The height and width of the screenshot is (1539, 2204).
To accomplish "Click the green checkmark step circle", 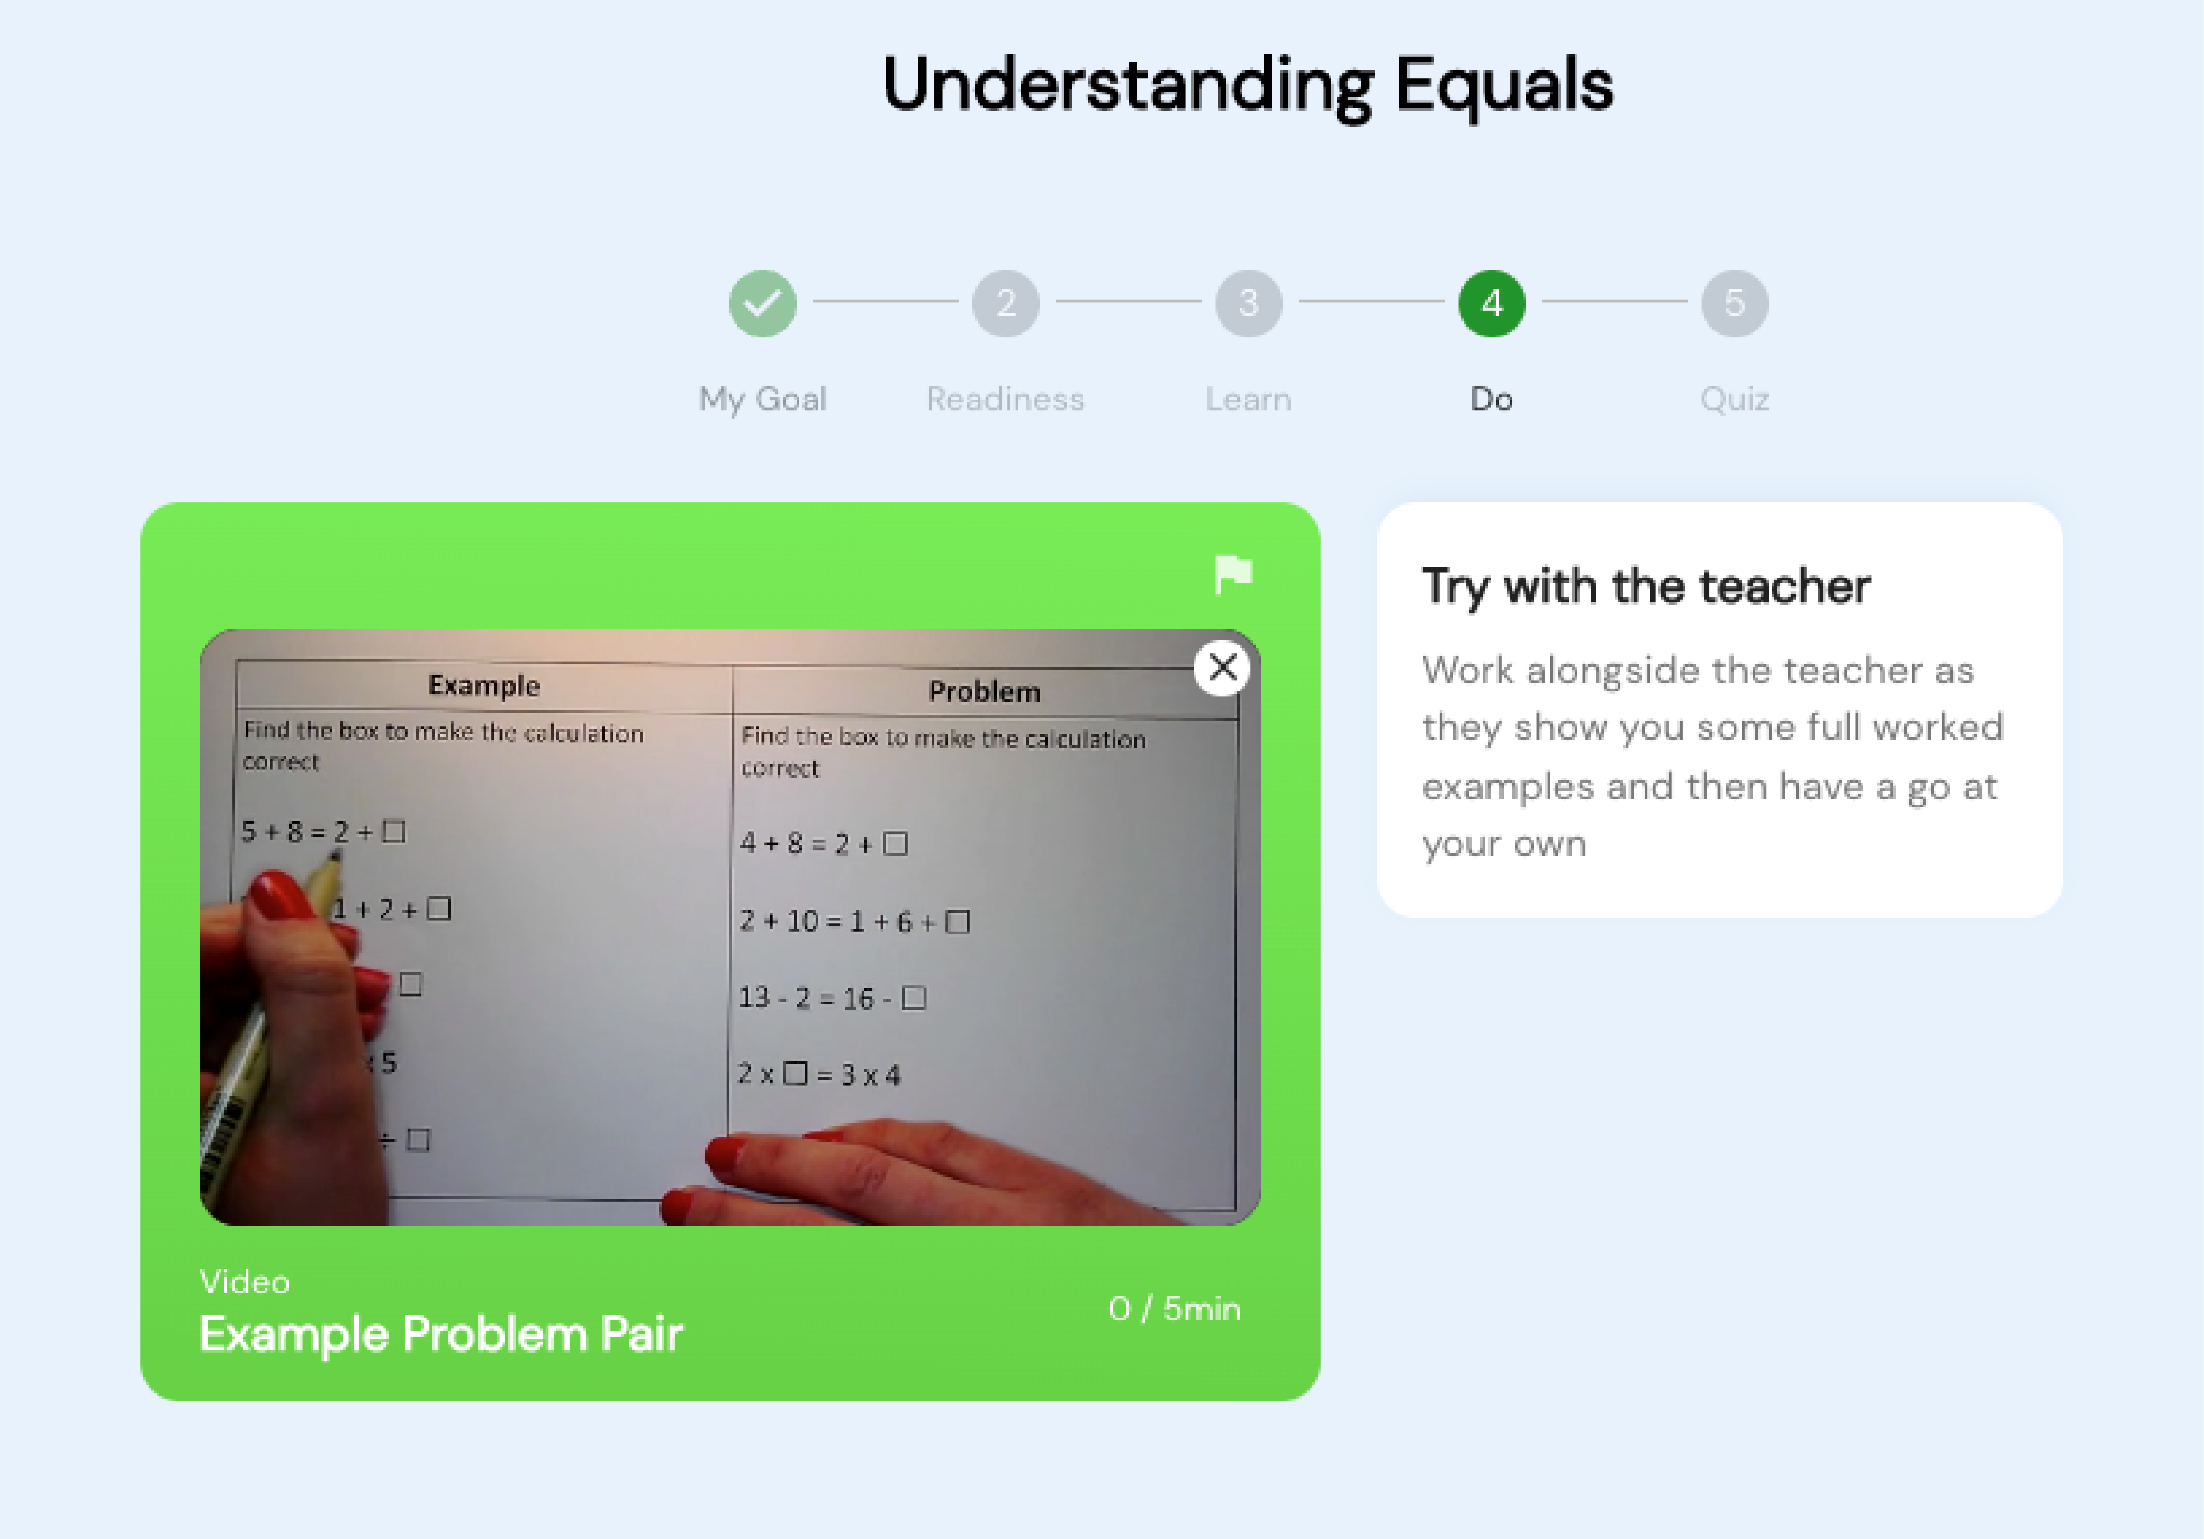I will point(762,303).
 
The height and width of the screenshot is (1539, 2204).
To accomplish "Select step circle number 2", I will point(1005,303).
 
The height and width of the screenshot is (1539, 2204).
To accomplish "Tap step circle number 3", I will point(1248,303).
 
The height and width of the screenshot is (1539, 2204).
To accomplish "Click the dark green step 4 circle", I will point(1491,303).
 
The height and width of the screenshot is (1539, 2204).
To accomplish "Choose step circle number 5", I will point(1734,303).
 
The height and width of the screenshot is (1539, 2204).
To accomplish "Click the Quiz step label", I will point(1734,399).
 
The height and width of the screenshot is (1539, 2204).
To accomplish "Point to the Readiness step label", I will point(1005,399).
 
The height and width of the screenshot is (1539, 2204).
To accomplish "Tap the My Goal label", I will point(762,399).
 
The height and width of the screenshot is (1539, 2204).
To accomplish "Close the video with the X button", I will point(1222,667).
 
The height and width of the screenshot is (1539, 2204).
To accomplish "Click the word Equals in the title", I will point(1503,85).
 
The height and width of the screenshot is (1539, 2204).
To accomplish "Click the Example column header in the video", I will point(484,685).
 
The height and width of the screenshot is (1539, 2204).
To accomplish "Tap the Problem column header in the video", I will point(984,692).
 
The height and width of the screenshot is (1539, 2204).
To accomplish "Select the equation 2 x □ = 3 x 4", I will point(819,1074).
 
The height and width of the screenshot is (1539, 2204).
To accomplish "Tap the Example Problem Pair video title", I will point(440,1334).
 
